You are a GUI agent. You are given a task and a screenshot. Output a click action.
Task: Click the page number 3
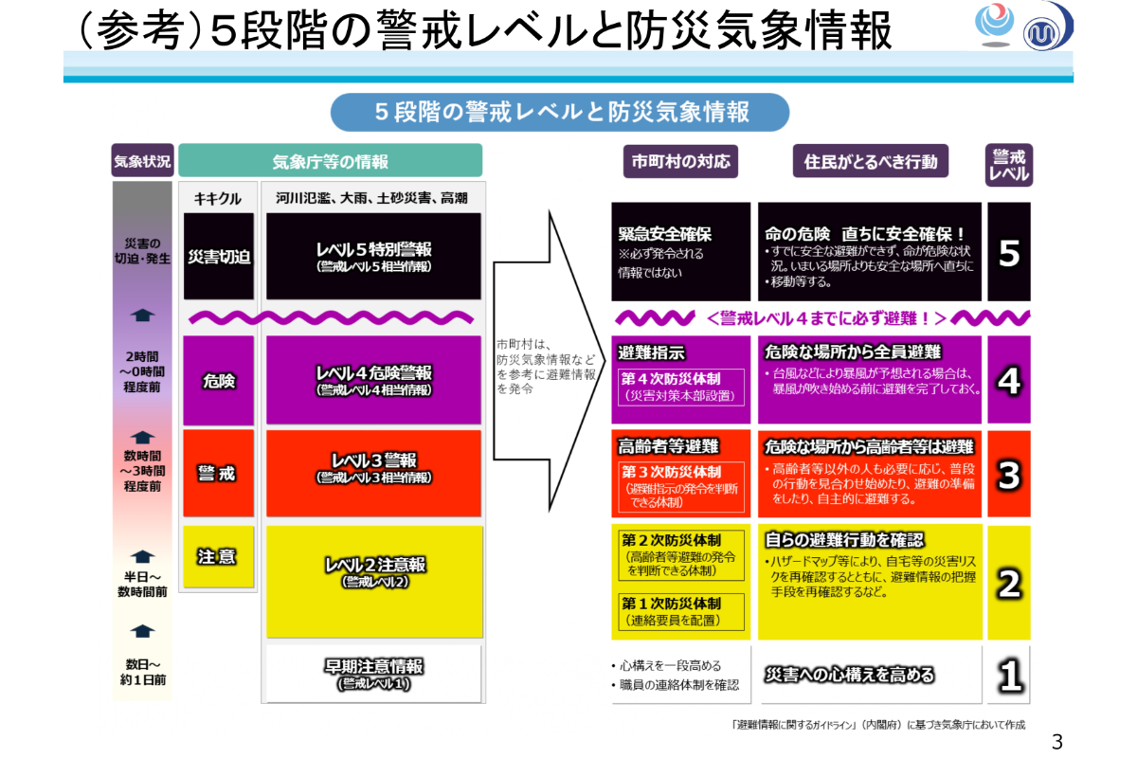pos(1057,742)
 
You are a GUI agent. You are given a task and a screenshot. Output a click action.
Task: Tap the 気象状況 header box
pos(143,160)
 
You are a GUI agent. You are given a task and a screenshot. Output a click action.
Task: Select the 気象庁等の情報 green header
pos(331,160)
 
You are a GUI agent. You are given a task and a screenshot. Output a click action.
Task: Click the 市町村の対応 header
pos(680,161)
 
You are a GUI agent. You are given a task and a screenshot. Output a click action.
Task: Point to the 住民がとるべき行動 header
pos(871,161)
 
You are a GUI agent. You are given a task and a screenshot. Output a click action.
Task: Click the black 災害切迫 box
pos(219,257)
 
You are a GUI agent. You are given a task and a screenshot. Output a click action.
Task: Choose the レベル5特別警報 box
pos(373,257)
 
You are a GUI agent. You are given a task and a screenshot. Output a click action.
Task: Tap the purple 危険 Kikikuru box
pos(219,380)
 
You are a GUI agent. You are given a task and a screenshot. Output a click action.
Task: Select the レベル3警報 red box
pos(373,474)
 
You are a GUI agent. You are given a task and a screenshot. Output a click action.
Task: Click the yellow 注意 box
pos(219,556)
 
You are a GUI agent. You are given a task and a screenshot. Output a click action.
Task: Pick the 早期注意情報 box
pos(373,674)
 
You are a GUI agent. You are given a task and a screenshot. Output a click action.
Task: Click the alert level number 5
pos(1009,252)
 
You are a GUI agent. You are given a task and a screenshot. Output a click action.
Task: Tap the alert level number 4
pos(1009,380)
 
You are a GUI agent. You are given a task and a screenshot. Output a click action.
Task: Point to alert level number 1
pos(1009,675)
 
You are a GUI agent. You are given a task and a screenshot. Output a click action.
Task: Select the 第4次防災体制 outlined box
pos(681,387)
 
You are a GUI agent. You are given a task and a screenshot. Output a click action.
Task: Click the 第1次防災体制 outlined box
pos(681,611)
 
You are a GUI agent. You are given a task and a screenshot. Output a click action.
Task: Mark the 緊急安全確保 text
pos(665,234)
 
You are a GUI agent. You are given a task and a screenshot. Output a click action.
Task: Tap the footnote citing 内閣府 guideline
pos(878,725)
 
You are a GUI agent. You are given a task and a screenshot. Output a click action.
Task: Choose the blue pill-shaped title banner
pos(560,112)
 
